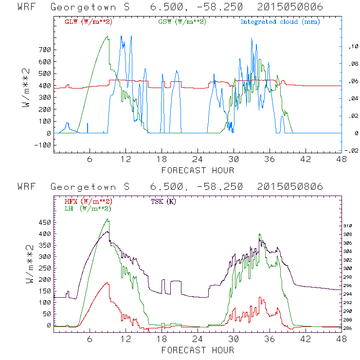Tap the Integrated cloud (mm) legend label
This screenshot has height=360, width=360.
[280, 22]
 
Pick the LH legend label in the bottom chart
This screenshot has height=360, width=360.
[88, 208]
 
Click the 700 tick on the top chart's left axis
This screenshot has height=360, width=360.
[44, 50]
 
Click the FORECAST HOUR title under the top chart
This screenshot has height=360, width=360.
[198, 170]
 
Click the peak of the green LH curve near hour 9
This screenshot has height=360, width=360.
[108, 219]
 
